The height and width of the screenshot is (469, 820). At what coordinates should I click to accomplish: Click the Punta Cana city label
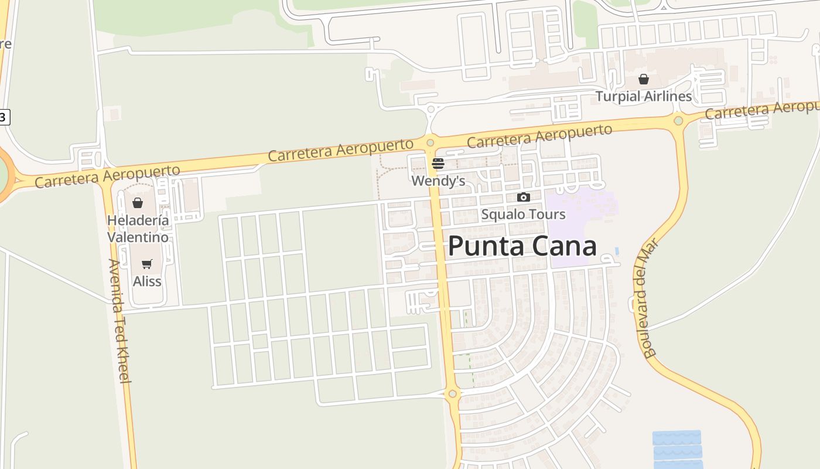coord(522,246)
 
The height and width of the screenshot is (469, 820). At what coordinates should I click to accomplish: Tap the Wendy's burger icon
coord(438,164)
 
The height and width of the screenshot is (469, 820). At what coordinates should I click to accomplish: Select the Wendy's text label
coord(438,181)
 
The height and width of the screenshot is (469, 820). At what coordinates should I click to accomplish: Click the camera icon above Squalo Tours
coord(523,198)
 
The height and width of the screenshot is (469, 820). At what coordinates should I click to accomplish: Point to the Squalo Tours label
coord(523,215)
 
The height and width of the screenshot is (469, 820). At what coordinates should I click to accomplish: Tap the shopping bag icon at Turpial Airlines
coord(643,79)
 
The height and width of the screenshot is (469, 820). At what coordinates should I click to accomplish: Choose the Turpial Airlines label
coord(643,96)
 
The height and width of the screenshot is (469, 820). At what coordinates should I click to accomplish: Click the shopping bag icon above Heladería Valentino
coord(138,203)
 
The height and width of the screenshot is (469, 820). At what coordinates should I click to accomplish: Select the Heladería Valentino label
coord(138,229)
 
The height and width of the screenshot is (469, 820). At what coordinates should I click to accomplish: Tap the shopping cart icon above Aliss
coord(147,264)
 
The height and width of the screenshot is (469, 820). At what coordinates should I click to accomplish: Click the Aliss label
coord(147,281)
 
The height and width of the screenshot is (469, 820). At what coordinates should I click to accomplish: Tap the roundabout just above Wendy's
coord(430,142)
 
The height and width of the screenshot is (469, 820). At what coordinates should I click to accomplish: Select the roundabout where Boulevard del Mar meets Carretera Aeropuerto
coord(678,121)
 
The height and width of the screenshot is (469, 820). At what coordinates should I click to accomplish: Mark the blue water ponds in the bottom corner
coord(677,448)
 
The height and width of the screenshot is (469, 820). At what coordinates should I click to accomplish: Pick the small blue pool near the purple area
coord(617,251)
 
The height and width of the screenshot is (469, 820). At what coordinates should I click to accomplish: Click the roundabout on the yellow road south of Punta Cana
coord(452,393)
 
